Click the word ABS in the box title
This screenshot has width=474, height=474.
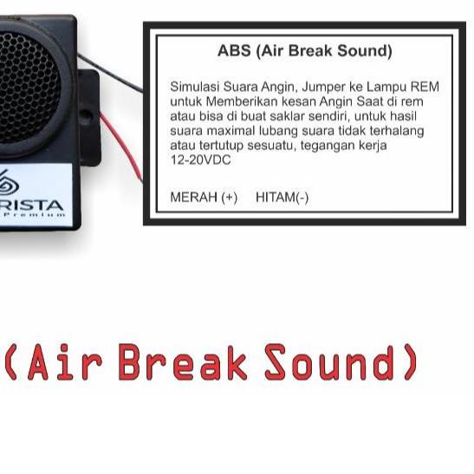tap(234, 51)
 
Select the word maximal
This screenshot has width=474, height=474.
tap(230, 131)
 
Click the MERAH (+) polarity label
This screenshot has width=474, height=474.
tap(204, 198)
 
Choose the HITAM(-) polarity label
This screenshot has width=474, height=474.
tap(282, 198)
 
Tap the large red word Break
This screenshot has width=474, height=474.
tap(183, 363)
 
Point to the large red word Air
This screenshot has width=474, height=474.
tap(65, 363)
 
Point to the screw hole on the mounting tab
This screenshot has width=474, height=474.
tap(88, 114)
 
